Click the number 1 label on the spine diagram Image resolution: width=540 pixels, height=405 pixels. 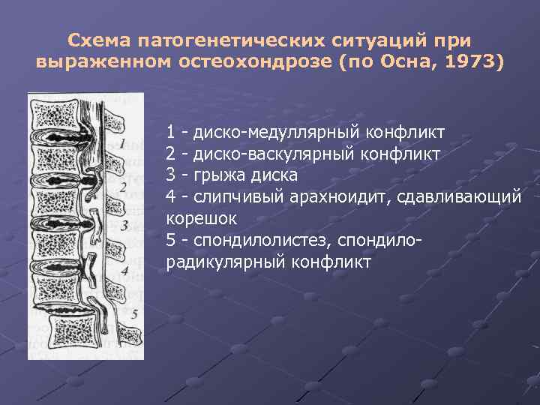[x=121, y=142]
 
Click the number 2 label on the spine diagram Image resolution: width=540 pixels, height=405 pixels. [x=122, y=186]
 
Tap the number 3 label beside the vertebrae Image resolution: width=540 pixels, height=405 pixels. [x=124, y=223]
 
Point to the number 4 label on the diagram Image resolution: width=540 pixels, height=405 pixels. [x=124, y=270]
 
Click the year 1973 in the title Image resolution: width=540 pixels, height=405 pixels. [x=465, y=61]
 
